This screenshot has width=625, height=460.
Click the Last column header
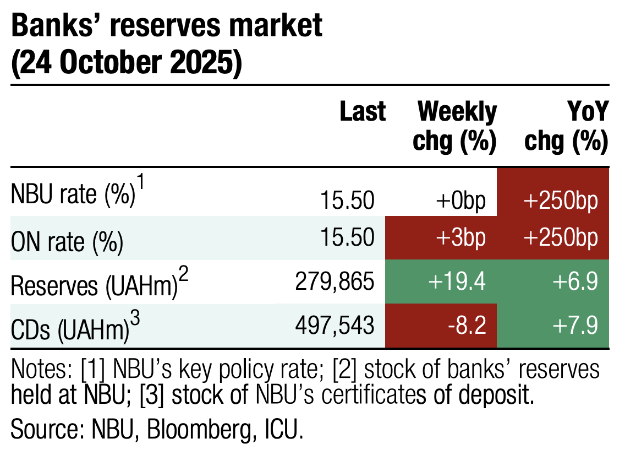pyautogui.click(x=363, y=112)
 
